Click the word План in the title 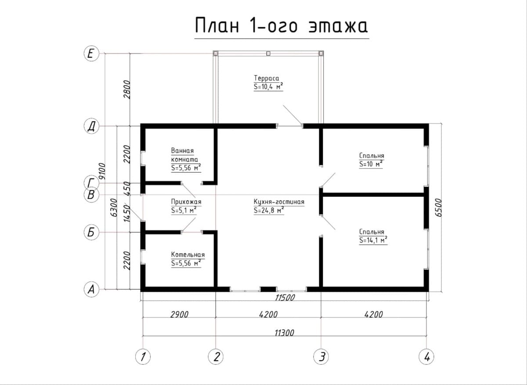pos(217,25)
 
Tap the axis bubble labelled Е pos(91,54)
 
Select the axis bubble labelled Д pos(91,126)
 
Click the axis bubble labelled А pos(91,289)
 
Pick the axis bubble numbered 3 pos(321,357)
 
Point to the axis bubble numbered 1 pos(143,357)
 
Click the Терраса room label pos(266,78)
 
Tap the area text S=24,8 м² pos(269,211)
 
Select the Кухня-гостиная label pos(279,202)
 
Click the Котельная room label pos(188,254)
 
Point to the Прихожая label pos(186,202)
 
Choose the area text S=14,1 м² pos(373,240)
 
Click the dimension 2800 pos(126,90)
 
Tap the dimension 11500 pos(285,298)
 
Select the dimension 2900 pos(179,314)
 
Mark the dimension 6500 pos(438,208)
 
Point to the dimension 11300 pos(285,333)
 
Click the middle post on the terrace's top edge pos(268,54)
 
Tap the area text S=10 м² pos(371,164)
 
